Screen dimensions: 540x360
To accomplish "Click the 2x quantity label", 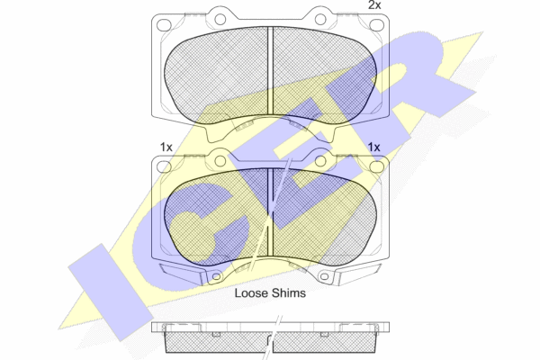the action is tap(374, 5).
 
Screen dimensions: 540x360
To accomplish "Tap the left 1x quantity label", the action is tap(166, 148).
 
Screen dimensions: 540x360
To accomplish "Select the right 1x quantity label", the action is tap(373, 148).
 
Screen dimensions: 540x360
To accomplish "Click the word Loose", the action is tap(251, 293).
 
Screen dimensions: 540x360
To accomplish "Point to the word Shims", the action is tap(289, 293).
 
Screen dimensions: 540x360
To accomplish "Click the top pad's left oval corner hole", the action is tap(164, 25).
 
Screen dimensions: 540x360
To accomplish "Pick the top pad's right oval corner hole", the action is tap(376, 25).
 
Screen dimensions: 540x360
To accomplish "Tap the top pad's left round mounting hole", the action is tap(220, 19).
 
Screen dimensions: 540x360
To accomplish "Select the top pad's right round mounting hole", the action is tap(320, 19).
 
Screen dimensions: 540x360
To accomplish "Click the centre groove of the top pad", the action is tap(270, 71).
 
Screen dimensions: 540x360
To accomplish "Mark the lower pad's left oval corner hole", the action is tap(164, 166).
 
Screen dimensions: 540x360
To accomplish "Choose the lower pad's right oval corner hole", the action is tap(376, 166).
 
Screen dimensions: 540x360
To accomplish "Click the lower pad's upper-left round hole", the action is tap(220, 161).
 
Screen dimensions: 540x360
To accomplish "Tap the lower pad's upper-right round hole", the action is tap(320, 161).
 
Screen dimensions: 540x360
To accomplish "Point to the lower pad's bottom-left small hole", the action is tap(216, 276).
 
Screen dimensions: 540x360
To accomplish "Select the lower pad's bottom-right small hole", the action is tap(324, 276).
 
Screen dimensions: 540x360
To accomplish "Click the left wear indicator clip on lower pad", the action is tap(182, 274).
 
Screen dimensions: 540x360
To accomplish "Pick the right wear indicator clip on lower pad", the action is tap(359, 274).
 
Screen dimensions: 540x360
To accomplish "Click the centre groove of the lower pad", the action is tap(270, 212).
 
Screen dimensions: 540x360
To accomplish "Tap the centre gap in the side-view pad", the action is tap(270, 343).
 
